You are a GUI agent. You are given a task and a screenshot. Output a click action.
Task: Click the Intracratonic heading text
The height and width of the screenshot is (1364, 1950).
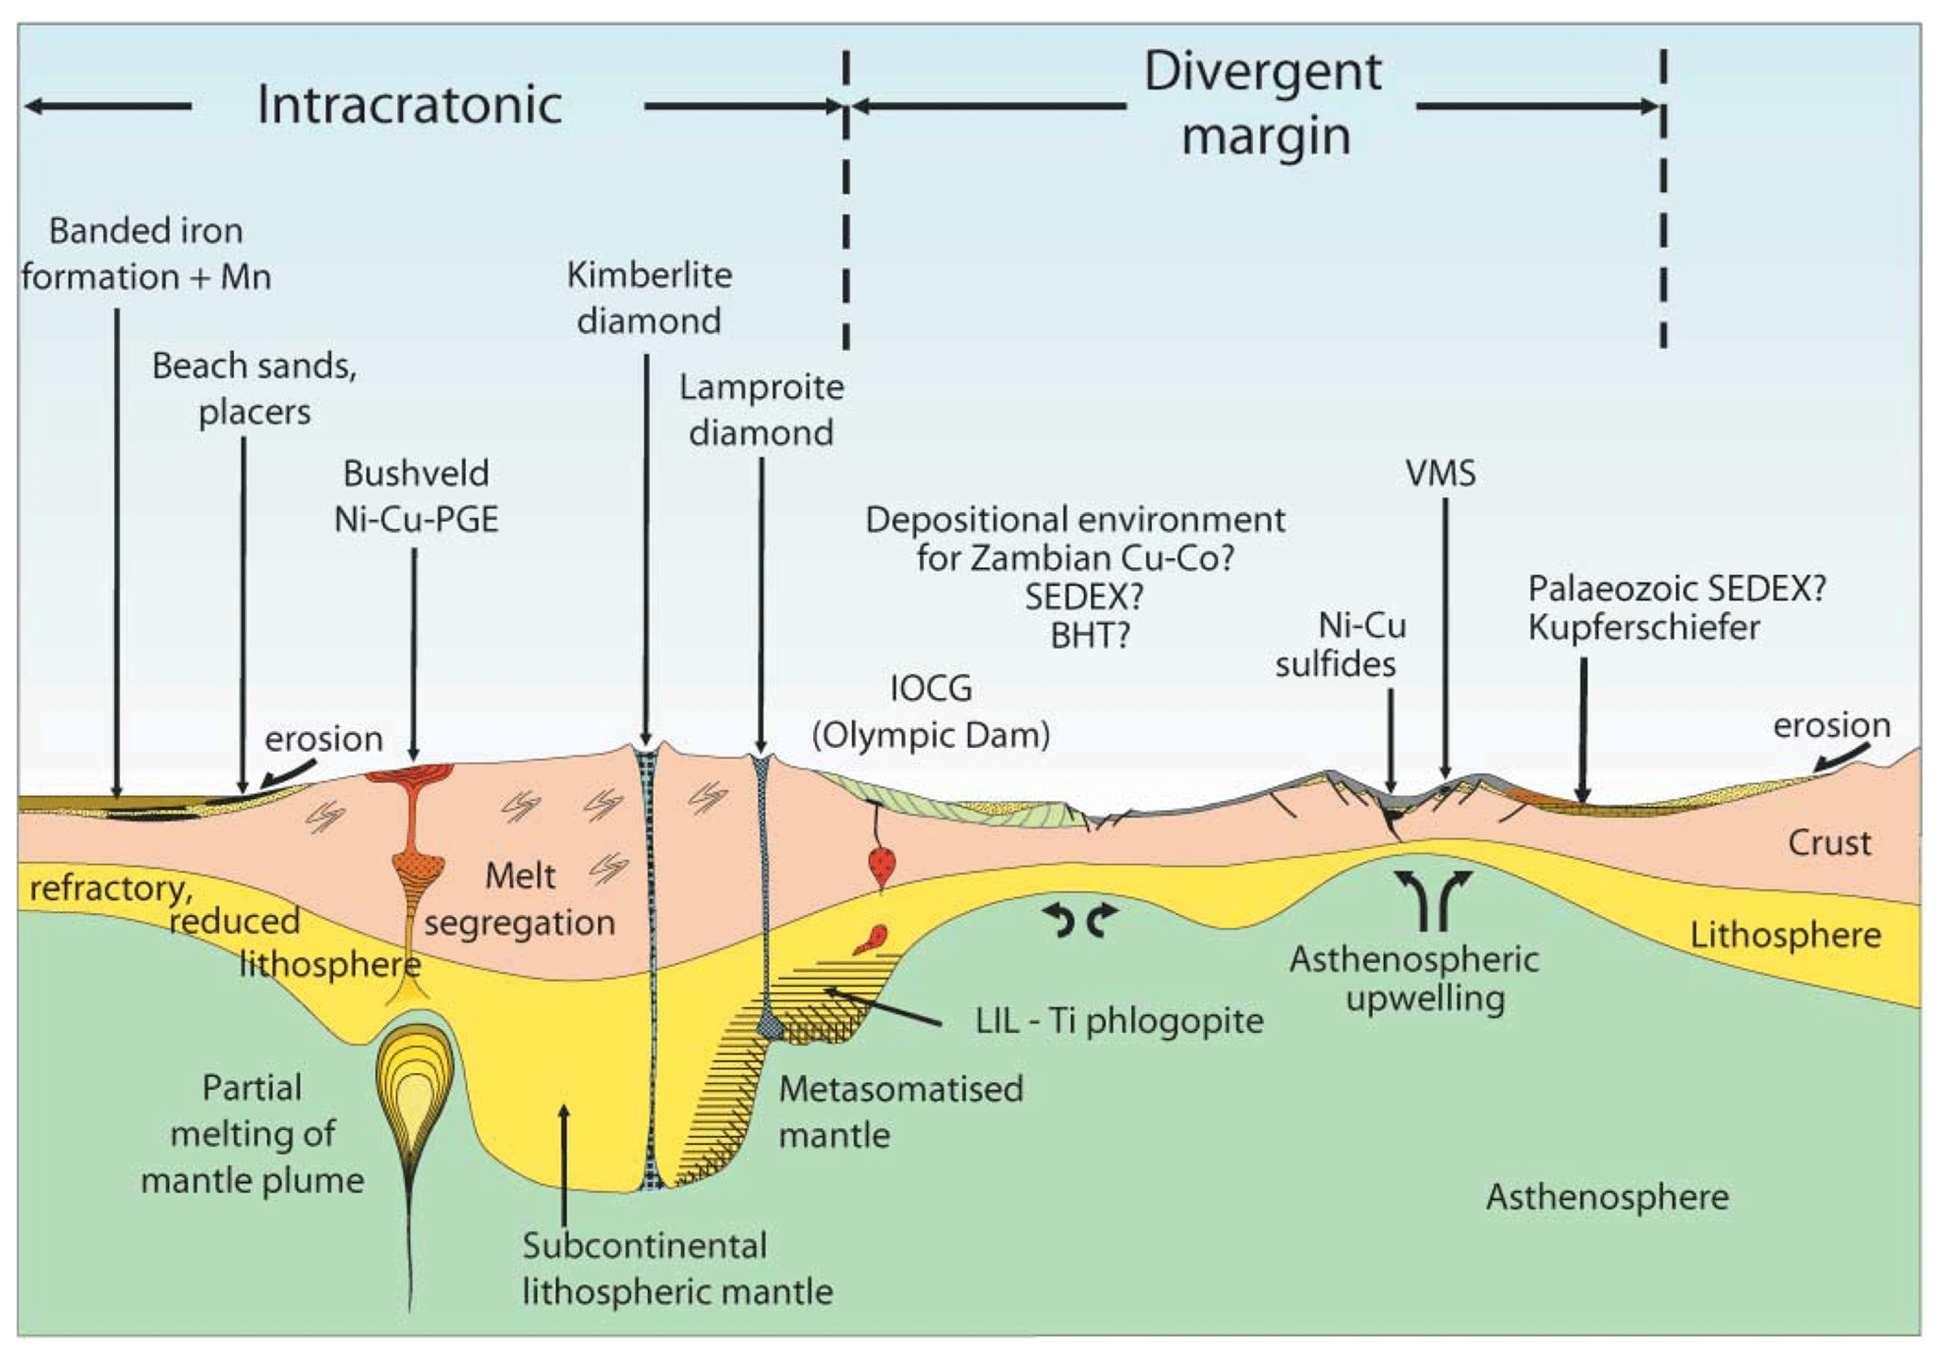(409, 105)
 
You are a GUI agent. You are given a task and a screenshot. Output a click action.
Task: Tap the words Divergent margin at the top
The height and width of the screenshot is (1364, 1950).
(1263, 104)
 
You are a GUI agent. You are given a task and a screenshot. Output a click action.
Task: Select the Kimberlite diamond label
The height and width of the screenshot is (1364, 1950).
(649, 298)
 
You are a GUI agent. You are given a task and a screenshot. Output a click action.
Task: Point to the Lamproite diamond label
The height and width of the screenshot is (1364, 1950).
(761, 410)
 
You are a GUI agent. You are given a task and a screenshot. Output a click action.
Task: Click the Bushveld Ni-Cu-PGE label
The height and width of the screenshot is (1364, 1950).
(416, 496)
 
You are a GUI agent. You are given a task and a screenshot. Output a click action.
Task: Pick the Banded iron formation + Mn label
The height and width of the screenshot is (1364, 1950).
(146, 254)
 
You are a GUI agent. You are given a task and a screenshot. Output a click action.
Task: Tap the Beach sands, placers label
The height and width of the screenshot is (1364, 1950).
(255, 389)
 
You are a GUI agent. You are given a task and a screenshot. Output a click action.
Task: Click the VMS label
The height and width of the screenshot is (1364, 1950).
(1441, 474)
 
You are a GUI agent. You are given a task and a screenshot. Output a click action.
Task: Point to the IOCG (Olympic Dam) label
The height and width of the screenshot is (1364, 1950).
(931, 712)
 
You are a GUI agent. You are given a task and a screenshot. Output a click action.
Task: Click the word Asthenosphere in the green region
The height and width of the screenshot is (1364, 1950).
(1607, 1197)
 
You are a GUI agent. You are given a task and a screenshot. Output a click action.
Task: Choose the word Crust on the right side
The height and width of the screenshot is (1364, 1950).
(1828, 842)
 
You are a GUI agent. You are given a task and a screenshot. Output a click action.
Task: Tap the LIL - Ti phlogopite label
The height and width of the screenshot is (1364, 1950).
(1119, 1021)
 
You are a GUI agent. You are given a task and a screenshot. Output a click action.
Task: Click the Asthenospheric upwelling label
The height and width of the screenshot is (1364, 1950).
(1414, 978)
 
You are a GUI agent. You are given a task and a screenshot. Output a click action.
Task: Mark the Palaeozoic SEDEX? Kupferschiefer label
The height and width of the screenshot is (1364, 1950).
(1676, 607)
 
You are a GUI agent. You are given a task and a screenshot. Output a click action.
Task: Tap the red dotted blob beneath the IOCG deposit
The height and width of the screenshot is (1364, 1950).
(882, 864)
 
